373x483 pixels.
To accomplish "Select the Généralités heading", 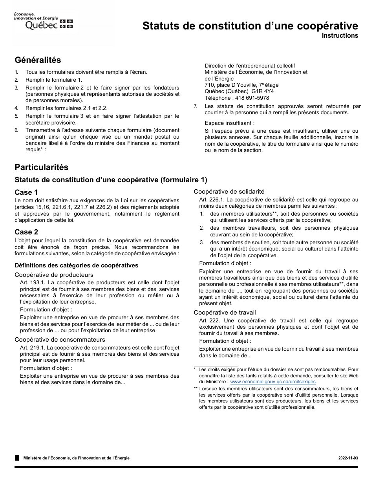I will coord(38,60).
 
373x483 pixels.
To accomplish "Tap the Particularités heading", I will coord(42,167).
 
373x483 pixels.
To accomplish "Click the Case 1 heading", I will coord(26,192).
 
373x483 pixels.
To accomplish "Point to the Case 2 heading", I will coord(26,232).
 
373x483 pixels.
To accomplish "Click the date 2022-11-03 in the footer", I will coord(348,458).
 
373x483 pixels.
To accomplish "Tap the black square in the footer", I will coord(17,458).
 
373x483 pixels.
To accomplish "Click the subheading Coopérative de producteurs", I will coord(54,275).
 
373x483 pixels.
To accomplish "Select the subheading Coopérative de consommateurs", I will coord(60,340).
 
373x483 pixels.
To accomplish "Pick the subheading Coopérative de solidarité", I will coord(229,192).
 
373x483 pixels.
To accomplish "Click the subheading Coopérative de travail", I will coord(225,313).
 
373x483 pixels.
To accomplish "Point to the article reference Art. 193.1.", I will coord(33,282).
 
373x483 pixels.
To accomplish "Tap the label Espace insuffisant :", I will coord(230,123).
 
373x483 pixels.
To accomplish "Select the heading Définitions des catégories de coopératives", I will coord(77,265).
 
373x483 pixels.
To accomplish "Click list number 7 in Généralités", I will coord(196,106).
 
